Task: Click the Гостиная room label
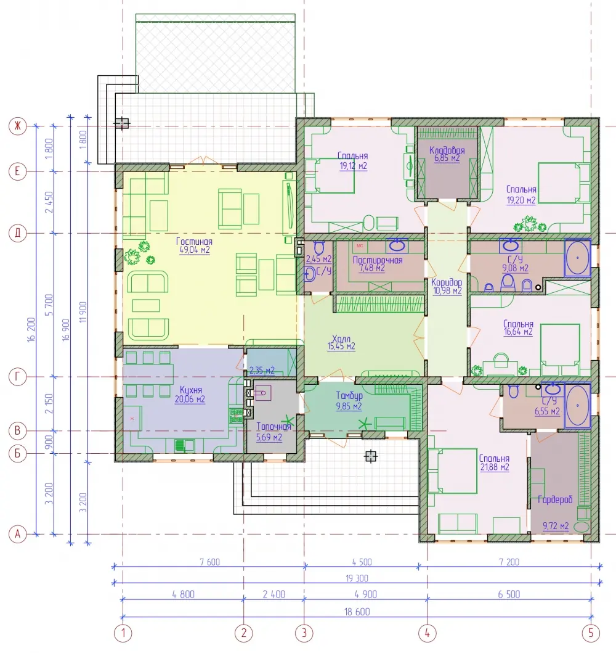[194, 242]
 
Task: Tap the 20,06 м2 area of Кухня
[190, 400]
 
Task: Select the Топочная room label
[274, 427]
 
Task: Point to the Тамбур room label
[349, 396]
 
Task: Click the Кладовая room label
[447, 150]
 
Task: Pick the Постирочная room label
[378, 260]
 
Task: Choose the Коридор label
[447, 282]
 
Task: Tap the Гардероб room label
[555, 499]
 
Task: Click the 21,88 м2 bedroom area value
[495, 467]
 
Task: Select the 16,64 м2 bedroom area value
[518, 332]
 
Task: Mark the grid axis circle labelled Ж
[17, 126]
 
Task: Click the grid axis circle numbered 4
[427, 633]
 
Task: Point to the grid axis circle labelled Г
[17, 377]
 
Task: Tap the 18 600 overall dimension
[357, 612]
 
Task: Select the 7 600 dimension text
[209, 562]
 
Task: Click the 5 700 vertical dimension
[49, 305]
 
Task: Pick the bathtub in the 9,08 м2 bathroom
[577, 258]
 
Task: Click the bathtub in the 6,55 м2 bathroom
[577, 406]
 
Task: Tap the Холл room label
[341, 339]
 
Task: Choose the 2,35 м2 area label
[262, 370]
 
